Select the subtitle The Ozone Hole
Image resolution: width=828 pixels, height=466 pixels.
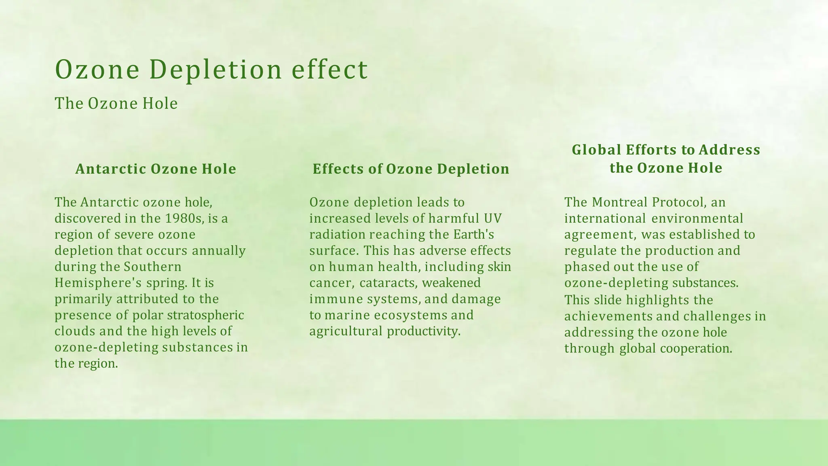[116, 104]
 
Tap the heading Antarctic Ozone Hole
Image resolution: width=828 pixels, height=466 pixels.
[156, 169]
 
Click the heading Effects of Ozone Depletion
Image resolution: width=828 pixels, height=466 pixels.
[411, 169]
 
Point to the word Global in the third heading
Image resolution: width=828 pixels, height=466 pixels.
[596, 150]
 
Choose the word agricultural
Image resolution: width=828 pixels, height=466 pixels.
[346, 331]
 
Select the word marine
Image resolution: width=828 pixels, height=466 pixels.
[347, 315]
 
